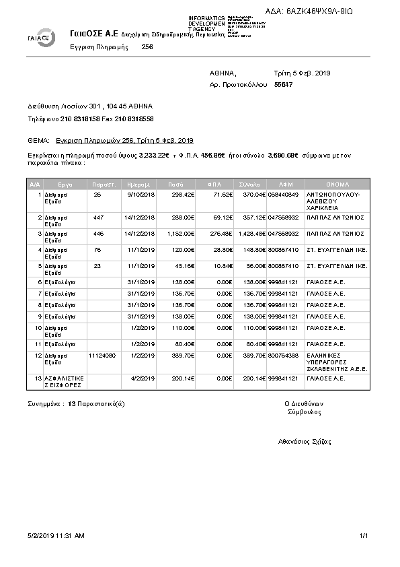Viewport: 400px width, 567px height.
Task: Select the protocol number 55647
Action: (x=284, y=85)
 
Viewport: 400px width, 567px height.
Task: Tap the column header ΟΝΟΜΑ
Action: (x=337, y=183)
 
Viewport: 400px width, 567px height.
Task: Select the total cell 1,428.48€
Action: (x=251, y=232)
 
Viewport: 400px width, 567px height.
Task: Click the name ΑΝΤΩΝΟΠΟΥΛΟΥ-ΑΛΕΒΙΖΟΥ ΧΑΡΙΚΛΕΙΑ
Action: (x=333, y=201)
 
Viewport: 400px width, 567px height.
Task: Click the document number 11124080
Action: (x=102, y=355)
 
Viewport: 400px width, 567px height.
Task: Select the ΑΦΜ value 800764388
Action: (x=283, y=355)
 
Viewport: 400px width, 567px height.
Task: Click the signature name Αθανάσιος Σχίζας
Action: (x=305, y=442)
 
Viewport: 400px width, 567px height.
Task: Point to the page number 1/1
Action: (x=364, y=536)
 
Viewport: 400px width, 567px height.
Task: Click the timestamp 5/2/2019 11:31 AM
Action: (x=56, y=536)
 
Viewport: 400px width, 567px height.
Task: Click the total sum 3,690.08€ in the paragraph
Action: (x=282, y=155)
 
